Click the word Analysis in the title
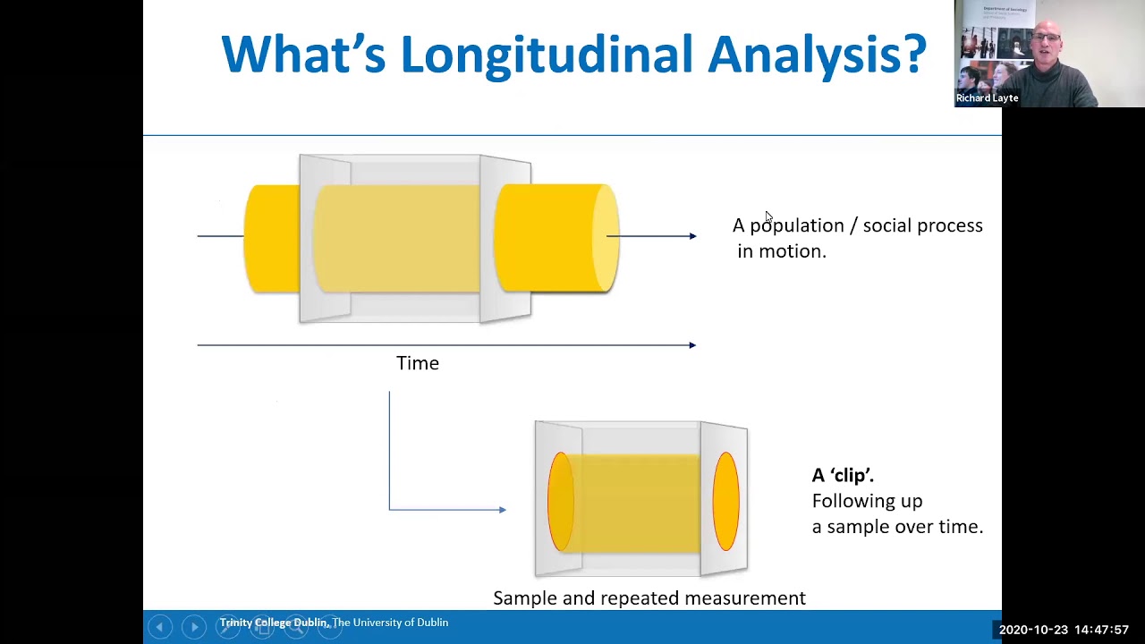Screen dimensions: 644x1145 [817, 55]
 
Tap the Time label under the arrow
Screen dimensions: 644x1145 [418, 363]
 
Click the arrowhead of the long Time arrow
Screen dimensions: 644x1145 [692, 345]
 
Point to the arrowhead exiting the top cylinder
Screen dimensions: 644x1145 [692, 236]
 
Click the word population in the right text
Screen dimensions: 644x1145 [796, 225]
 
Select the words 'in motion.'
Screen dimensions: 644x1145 [782, 251]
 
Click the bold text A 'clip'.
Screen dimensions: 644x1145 [843, 475]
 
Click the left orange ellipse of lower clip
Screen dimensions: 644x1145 [560, 501]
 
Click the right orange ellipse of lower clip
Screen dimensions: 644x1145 [725, 501]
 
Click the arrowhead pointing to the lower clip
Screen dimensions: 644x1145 [503, 510]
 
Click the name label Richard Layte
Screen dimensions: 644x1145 [987, 98]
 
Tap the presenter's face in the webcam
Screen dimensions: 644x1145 [1047, 51]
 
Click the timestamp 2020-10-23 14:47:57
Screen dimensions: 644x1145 [1064, 630]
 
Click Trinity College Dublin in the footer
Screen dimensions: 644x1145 [274, 623]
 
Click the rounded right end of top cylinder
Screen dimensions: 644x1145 [606, 238]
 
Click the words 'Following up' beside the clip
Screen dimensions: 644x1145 [867, 501]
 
